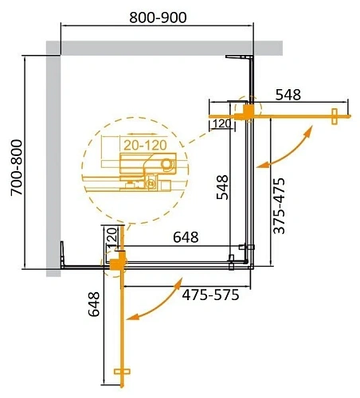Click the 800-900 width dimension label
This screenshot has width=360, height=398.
(x=156, y=18)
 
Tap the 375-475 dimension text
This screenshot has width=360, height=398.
(x=278, y=205)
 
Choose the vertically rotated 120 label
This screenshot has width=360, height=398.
(x=112, y=237)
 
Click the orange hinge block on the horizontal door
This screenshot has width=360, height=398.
(x=249, y=111)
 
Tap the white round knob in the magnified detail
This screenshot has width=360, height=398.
(x=166, y=165)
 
